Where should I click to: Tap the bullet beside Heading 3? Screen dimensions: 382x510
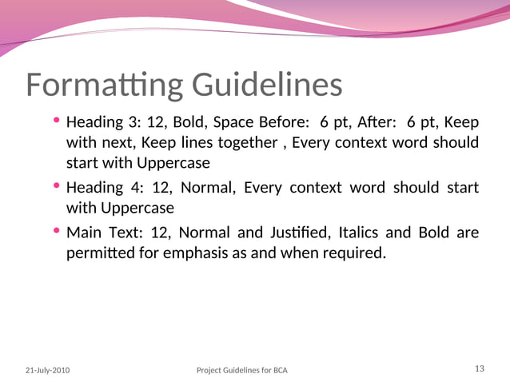click(57, 121)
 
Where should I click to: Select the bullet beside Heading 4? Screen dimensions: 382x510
click(57, 186)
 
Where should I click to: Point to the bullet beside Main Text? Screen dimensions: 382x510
click(57, 232)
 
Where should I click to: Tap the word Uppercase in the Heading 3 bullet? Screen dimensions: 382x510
click(173, 163)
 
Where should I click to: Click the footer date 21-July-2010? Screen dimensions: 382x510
click(47, 371)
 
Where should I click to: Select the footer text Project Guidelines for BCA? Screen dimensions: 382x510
click(241, 371)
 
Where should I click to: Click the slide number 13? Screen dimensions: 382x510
click(480, 368)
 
